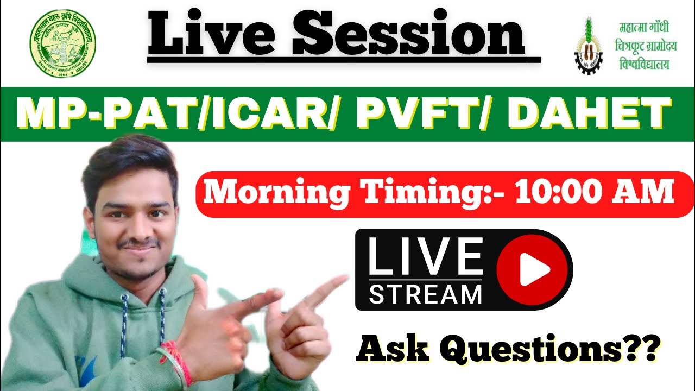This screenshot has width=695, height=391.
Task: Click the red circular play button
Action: click(534, 269)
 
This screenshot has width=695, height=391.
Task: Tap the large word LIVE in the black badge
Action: click(425, 256)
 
